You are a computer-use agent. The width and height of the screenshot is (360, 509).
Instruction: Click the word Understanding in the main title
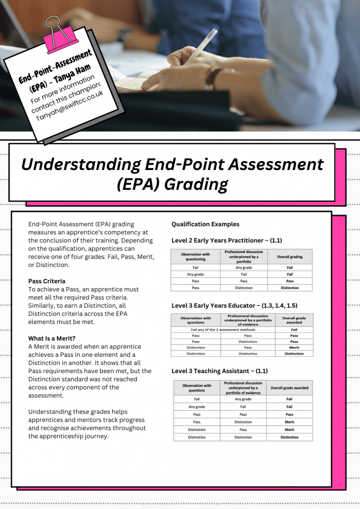80,164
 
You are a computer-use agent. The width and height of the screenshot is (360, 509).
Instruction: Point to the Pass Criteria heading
46,281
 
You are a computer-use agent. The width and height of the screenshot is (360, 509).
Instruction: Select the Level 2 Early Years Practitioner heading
226,241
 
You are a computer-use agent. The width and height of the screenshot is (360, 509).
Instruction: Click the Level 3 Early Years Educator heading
234,305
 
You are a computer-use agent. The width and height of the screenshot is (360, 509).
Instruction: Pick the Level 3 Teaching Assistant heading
220,371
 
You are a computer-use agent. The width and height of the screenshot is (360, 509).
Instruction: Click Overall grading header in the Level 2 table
289,257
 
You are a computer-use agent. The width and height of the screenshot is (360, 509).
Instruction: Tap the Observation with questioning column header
195,257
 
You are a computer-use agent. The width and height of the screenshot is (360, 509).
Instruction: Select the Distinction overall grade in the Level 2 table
289,288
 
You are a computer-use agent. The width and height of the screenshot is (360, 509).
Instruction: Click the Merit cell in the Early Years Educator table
294,347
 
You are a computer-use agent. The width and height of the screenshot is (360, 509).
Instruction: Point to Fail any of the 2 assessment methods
223,329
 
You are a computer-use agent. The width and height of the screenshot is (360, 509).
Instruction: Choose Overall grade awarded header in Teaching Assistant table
289,388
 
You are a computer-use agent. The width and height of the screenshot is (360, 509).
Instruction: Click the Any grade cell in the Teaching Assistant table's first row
243,399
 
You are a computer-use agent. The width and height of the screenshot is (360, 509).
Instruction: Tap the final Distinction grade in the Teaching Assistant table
289,437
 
